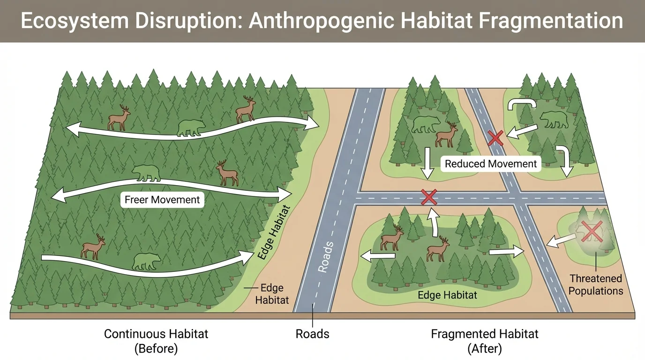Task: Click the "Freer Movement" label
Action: point(162,200)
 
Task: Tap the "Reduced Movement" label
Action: point(491,164)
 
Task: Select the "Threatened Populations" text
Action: point(595,285)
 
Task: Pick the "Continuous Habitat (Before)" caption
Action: point(156,341)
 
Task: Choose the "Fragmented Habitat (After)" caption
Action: point(485,341)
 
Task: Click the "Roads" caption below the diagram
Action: point(312,334)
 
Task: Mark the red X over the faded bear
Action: point(592,232)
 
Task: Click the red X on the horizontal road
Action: point(429,197)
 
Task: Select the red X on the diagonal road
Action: point(495,138)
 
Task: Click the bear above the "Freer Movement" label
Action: point(146,173)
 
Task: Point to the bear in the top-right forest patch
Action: point(554,120)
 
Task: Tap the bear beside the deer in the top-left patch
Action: point(426,124)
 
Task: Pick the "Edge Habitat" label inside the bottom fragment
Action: point(447,295)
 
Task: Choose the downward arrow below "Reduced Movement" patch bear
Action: point(427,164)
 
